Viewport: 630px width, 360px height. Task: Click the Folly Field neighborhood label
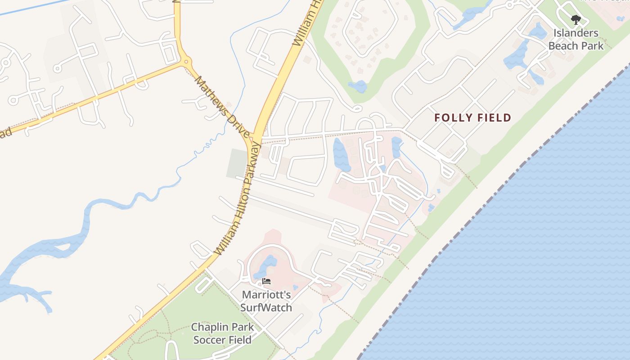coord(472,118)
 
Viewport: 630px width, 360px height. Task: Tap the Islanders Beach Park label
coord(576,39)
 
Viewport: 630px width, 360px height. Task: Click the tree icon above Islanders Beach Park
coord(576,20)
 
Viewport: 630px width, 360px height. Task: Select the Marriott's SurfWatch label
coord(266,301)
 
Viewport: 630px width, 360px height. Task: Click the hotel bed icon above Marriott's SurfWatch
coord(266,282)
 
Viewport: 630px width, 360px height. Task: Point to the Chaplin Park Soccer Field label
coord(222,333)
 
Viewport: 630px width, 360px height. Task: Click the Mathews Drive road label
coord(222,107)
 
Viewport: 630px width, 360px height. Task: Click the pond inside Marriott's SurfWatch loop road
coord(265,266)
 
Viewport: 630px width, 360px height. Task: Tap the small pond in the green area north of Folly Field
coord(358,86)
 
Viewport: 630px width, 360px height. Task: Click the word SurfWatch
coord(266,308)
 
